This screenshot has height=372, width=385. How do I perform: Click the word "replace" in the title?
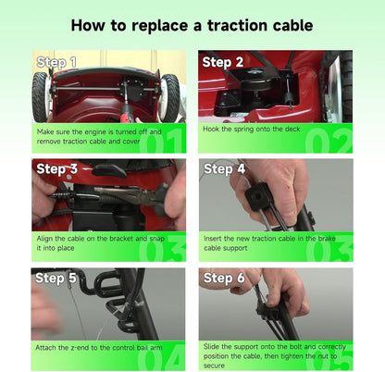click(159, 26)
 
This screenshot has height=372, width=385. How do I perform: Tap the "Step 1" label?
click(56, 62)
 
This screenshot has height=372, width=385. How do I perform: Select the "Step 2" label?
click(223, 62)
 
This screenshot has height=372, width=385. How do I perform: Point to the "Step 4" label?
click(224, 169)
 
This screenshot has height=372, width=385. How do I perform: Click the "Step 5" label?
click(56, 278)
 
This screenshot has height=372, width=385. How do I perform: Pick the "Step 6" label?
click(224, 278)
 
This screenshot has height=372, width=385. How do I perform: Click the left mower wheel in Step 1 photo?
click(40, 97)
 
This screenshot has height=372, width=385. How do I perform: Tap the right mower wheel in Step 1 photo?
click(169, 97)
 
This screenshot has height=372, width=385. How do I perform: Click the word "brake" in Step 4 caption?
click(327, 239)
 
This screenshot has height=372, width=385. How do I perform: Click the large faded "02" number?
click(329, 141)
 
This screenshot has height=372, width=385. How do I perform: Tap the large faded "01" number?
click(161, 141)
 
